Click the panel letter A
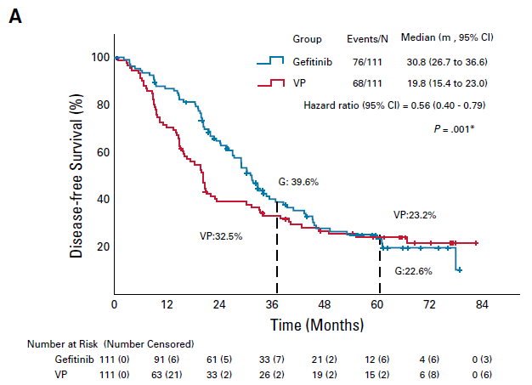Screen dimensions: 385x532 coord(14,17)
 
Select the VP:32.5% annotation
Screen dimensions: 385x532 coord(221,236)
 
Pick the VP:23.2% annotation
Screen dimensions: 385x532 coord(415,216)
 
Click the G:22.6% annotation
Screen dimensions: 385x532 coord(414,271)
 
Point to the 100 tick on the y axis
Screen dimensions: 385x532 coord(100,58)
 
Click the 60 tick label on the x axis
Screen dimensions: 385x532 coord(377,304)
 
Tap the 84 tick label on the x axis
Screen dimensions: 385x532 coord(482,304)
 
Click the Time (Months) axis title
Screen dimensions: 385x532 coord(317,325)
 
